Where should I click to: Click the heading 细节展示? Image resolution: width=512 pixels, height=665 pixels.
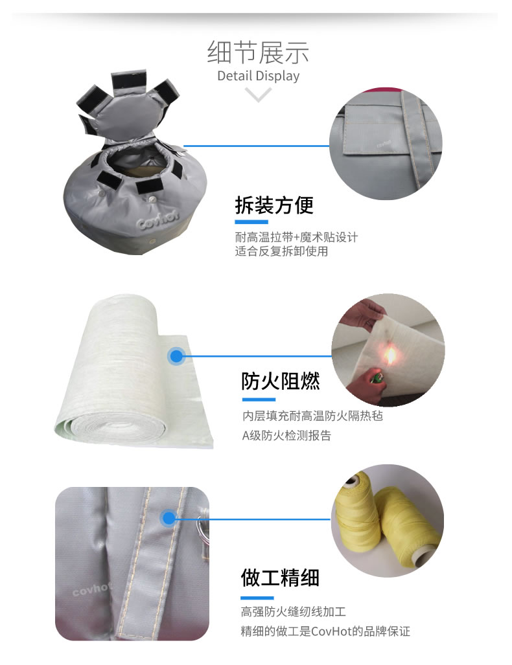(258, 52)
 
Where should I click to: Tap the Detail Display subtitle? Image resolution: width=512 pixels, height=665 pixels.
(258, 76)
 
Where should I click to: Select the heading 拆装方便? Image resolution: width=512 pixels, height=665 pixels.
(274, 205)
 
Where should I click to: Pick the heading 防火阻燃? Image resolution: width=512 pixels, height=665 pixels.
(281, 381)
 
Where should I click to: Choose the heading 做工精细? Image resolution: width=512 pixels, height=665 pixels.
(280, 578)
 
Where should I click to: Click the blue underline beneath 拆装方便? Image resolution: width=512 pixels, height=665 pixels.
(251, 222)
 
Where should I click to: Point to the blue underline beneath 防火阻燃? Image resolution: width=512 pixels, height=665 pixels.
(259, 400)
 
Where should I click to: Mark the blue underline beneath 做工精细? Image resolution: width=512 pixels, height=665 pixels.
(257, 598)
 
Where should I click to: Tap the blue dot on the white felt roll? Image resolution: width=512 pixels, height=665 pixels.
(177, 356)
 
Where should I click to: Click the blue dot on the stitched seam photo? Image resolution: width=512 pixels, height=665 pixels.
(169, 518)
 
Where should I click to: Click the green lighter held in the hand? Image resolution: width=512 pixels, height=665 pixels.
(376, 377)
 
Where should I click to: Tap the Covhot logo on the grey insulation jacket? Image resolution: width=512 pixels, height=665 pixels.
(158, 218)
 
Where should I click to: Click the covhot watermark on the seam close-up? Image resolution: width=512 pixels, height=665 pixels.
(91, 589)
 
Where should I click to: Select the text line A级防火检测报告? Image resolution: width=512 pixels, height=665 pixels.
(286, 436)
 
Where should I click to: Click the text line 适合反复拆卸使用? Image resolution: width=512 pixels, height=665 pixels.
(281, 251)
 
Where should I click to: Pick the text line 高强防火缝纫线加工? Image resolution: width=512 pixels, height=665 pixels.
(294, 611)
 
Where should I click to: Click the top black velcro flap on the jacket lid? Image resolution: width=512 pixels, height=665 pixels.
(128, 81)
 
